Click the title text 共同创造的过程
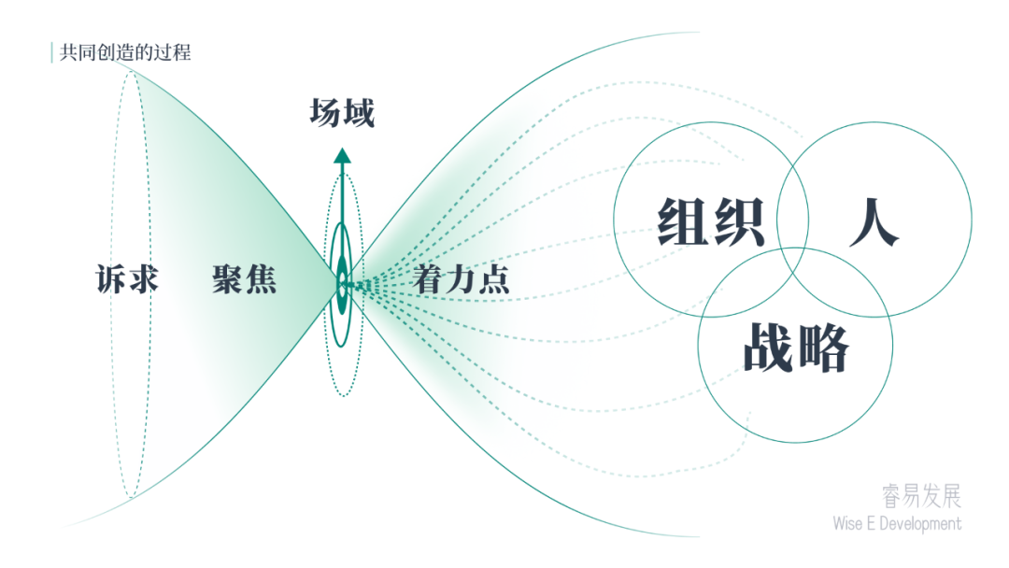point(125,52)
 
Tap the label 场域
point(342,113)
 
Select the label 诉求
point(127,279)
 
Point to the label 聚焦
point(245,279)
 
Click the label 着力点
point(462,279)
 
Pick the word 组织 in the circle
point(711,221)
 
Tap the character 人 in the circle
point(874,221)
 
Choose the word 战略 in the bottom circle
point(796,348)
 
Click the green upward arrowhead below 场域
point(342,156)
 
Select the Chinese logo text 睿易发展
point(921,496)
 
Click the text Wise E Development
point(897,523)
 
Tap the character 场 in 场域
point(326,113)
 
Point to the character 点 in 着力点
point(494,279)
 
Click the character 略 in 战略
point(824,348)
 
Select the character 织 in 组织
point(739,221)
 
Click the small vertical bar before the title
point(51,52)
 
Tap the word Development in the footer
point(920,523)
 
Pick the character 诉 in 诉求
point(111,279)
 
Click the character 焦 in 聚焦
point(262,279)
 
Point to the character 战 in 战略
point(769,348)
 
